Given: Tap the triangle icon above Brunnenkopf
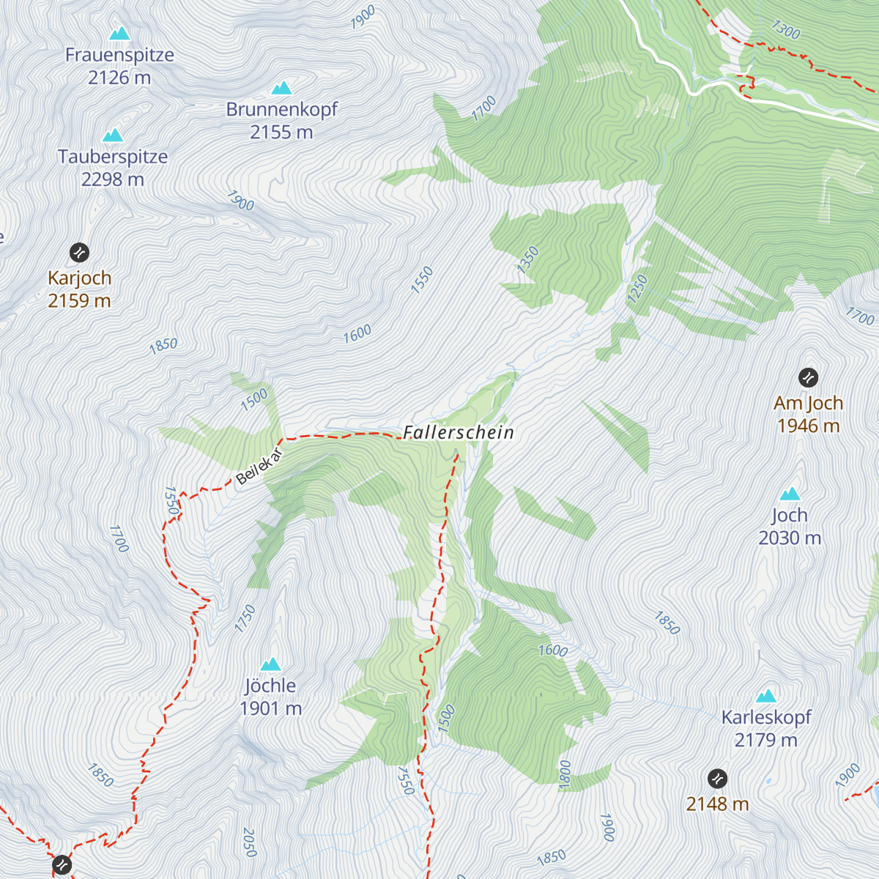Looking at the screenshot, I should coord(281,89).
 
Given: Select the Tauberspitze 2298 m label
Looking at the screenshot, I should coord(113,168).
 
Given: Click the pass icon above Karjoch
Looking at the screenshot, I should coord(79,253).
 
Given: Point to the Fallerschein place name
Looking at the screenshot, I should coord(459,432).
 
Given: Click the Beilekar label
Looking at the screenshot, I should coord(259,466).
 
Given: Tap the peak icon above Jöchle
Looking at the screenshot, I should coord(271,664).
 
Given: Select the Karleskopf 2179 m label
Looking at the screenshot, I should coord(766,728).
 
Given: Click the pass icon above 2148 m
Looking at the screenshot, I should coord(717,778).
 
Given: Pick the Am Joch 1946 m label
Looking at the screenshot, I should coord(808,414).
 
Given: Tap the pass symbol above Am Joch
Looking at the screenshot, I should coord(808,378).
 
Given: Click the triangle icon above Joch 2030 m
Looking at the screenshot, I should coord(790,494).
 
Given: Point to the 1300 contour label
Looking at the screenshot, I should coord(785,29).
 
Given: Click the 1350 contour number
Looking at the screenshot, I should coord(527,259).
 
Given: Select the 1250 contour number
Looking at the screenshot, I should coord(637,289).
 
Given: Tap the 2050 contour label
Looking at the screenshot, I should coord(249,842).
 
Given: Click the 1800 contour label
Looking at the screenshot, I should coord(565,774).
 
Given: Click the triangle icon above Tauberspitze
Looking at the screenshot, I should coord(113,136).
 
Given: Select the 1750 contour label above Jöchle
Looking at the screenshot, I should coord(245,618).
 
